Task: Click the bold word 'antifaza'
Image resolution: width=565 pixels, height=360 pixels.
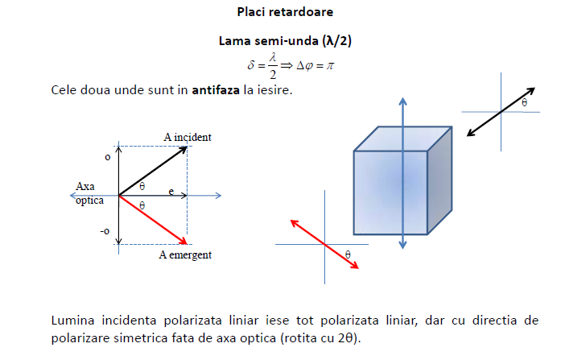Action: (x=215, y=89)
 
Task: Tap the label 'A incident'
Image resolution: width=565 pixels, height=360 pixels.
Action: (x=188, y=138)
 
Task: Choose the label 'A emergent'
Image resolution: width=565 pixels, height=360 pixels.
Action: (x=185, y=255)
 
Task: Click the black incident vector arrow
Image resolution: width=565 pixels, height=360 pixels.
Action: (x=153, y=171)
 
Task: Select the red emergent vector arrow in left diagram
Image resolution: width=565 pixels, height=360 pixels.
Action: (x=153, y=219)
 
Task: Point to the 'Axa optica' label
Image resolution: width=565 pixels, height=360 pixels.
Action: (x=89, y=193)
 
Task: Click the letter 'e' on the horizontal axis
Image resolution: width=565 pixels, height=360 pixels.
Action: (x=171, y=190)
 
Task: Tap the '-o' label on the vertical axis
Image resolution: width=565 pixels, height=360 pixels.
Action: (x=105, y=232)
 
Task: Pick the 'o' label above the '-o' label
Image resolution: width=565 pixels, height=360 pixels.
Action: (x=107, y=156)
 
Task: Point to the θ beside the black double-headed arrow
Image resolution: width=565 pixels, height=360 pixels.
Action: (x=525, y=103)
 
